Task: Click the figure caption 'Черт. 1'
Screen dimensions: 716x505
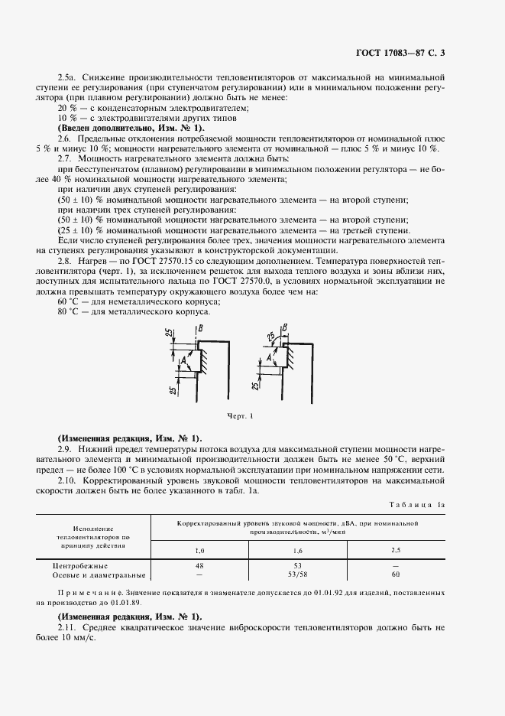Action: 239,416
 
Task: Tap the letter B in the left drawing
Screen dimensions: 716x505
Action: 201,329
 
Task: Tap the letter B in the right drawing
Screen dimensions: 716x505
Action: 285,328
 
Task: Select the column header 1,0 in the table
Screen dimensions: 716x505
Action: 200,550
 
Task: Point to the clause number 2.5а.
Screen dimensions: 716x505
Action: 68,79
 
